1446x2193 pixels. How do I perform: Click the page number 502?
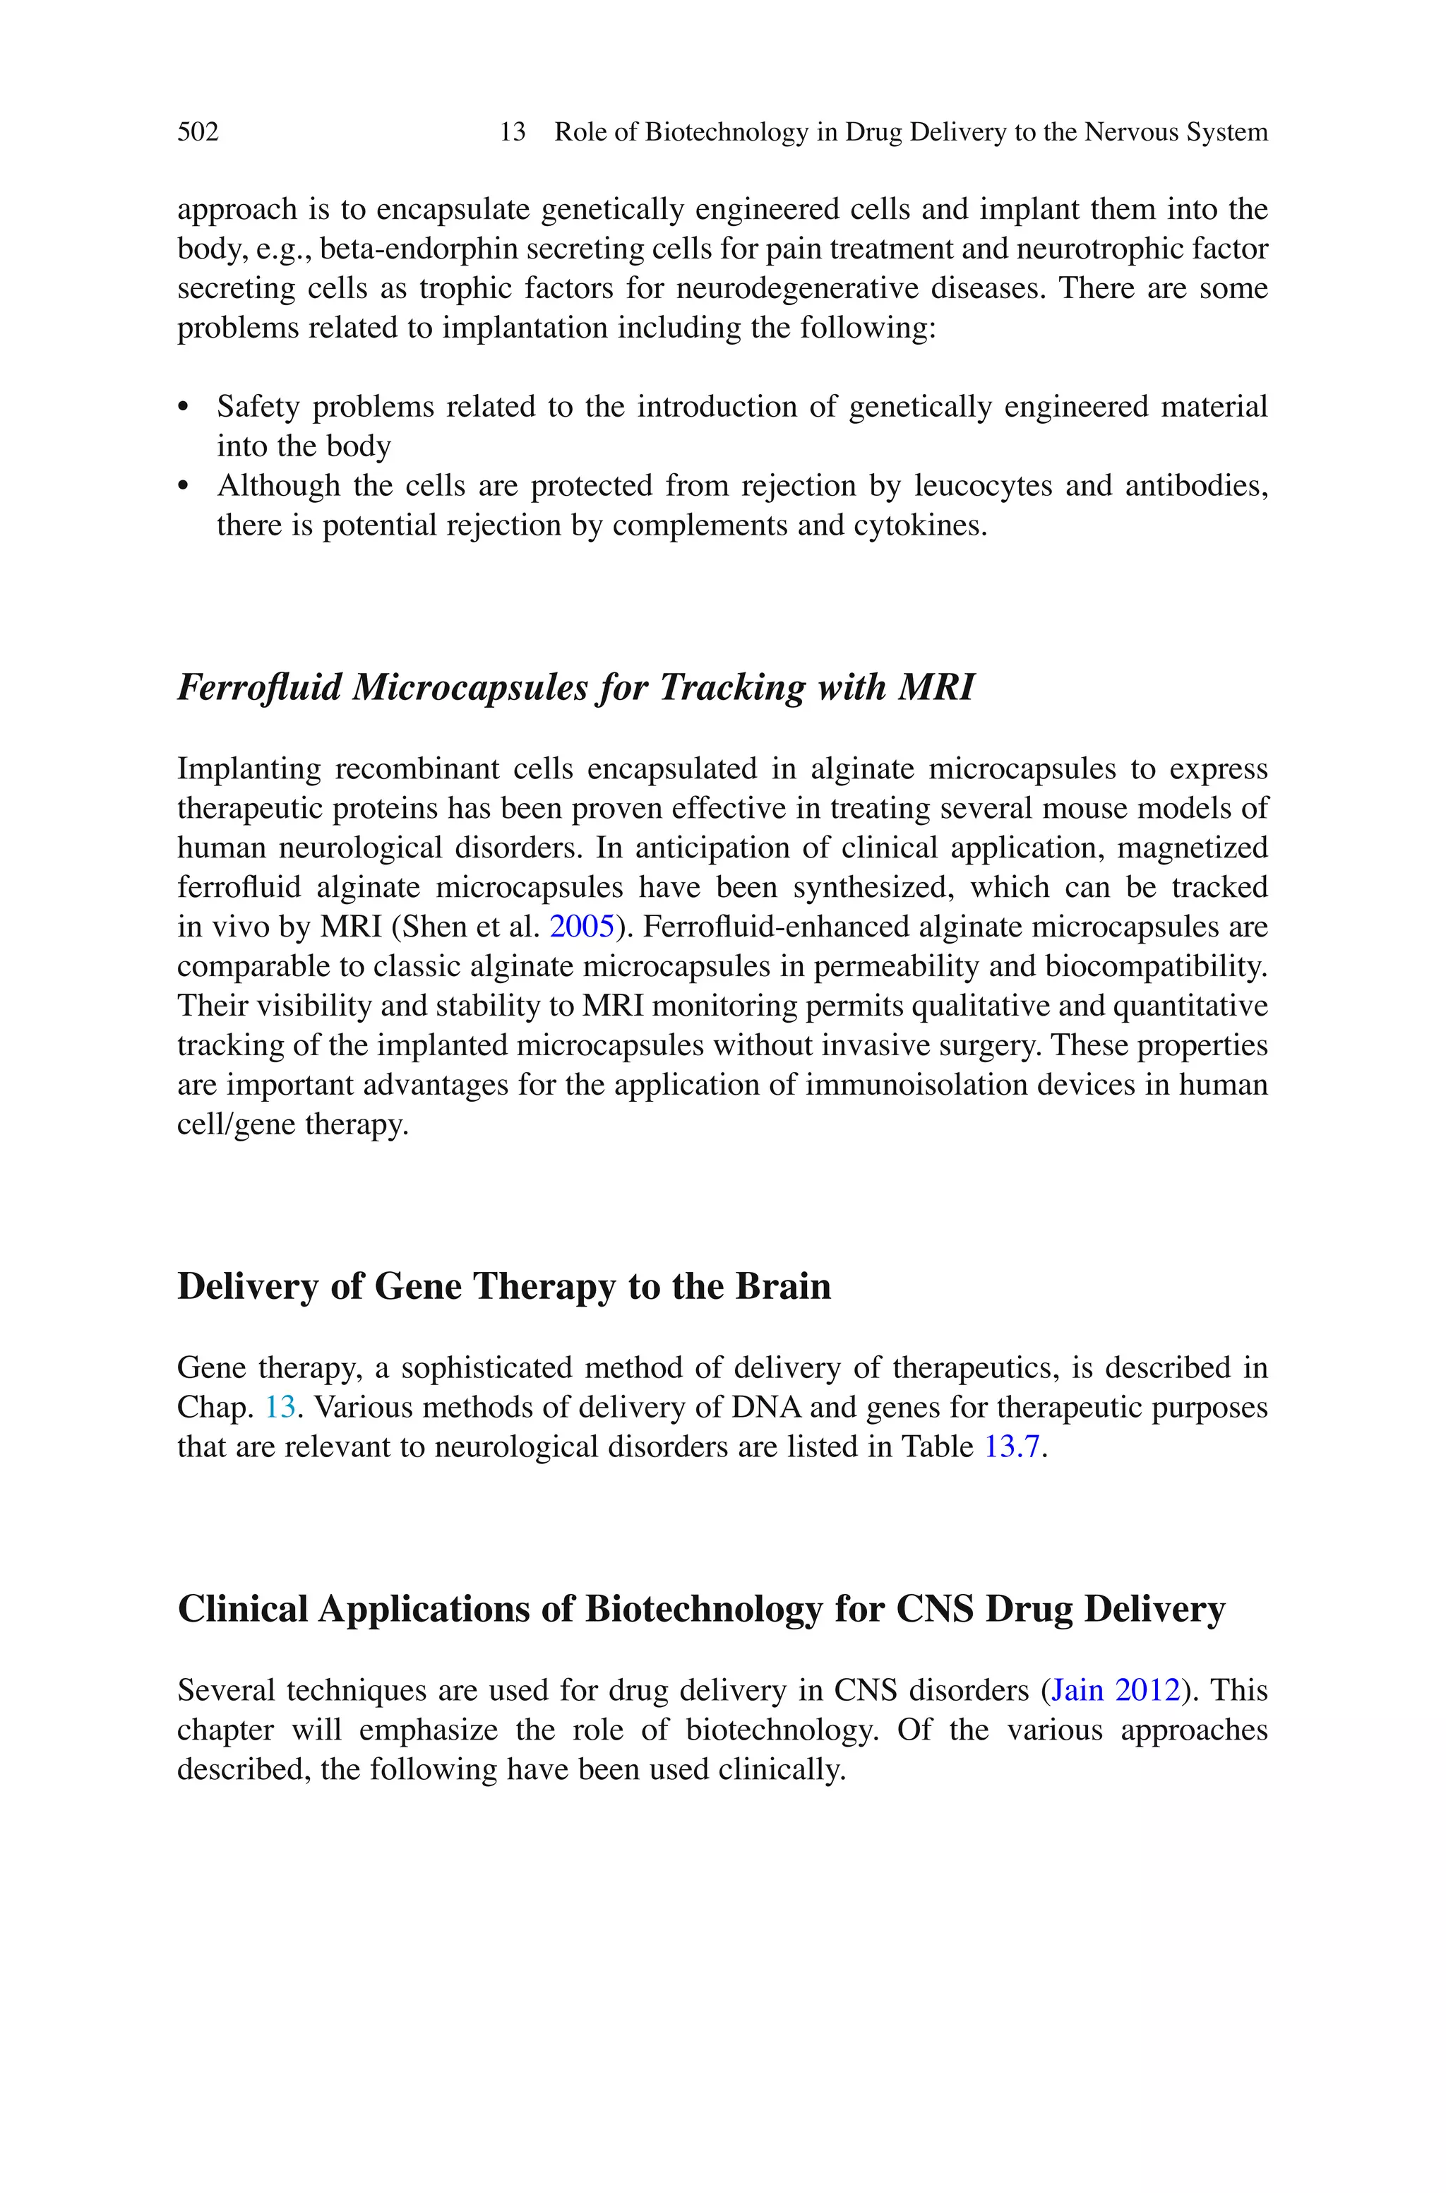point(198,132)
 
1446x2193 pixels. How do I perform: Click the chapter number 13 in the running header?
point(512,132)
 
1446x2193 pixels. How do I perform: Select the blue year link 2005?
point(581,926)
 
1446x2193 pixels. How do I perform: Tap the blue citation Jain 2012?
point(1115,1689)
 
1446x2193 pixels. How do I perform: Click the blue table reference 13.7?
point(1012,1446)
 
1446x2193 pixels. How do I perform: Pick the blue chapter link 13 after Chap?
point(280,1406)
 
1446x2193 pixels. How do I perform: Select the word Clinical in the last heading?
point(241,1608)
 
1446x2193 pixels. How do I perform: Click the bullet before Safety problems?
point(183,407)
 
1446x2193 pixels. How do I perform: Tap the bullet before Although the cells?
point(183,486)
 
